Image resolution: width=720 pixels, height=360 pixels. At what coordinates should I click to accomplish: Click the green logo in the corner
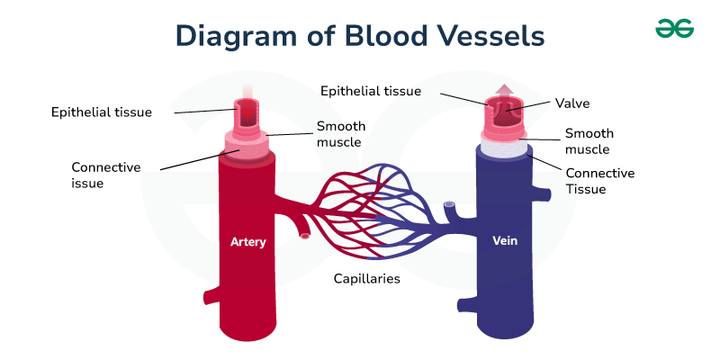click(x=674, y=29)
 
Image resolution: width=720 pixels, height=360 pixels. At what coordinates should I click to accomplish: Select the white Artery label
click(x=248, y=241)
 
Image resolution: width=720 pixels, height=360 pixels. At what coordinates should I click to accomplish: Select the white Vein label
click(x=505, y=240)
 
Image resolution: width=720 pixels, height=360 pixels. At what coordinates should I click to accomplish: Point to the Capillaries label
click(x=367, y=278)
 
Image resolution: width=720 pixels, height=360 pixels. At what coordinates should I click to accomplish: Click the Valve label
click(x=572, y=103)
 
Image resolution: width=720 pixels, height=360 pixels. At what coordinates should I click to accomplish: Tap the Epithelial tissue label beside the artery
click(x=102, y=112)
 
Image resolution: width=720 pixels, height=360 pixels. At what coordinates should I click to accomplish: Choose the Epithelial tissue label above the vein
click(x=371, y=91)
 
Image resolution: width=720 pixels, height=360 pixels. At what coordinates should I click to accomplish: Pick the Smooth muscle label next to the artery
click(x=341, y=133)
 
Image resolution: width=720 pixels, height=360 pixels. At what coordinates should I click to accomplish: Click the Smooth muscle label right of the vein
click(x=589, y=141)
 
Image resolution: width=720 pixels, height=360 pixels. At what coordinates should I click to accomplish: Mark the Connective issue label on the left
click(x=106, y=175)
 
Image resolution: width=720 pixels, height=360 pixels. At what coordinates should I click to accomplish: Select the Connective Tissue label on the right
click(x=600, y=181)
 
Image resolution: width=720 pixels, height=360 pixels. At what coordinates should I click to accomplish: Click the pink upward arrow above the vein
click(x=504, y=91)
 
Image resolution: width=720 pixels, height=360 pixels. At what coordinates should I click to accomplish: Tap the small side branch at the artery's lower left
click(x=211, y=297)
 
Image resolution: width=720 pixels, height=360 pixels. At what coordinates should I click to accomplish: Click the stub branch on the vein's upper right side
click(x=542, y=194)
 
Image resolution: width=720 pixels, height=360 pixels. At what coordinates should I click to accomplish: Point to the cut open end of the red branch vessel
click(x=304, y=236)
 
